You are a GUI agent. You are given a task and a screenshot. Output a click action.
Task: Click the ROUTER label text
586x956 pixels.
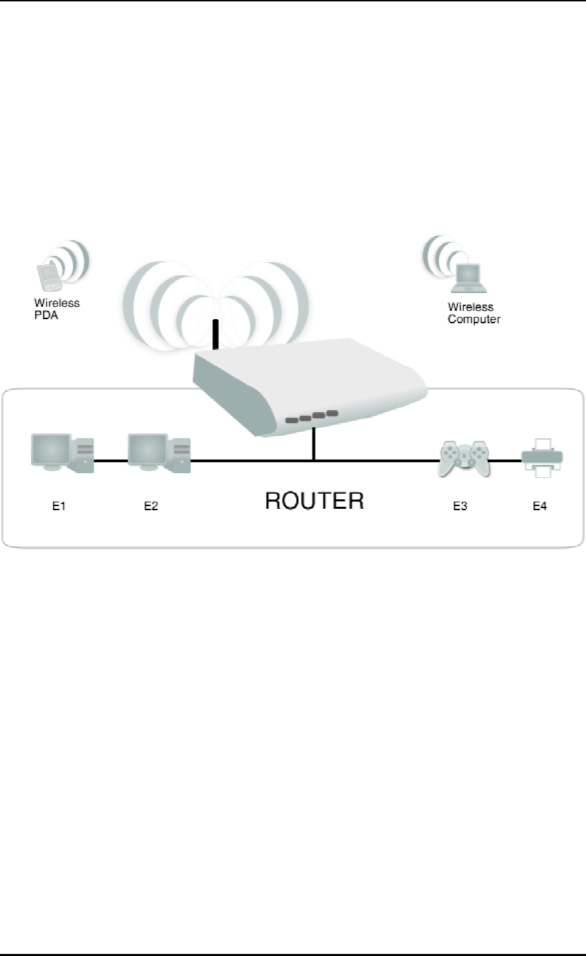point(315,501)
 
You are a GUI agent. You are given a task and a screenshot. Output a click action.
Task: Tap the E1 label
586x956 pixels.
point(60,507)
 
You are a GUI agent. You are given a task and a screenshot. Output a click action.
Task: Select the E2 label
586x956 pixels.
point(151,507)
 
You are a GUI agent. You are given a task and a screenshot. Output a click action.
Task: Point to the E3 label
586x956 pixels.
point(460,507)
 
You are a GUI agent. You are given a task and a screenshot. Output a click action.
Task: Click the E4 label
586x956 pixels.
point(540,507)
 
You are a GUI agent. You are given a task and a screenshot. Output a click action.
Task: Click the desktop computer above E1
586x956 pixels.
point(62,452)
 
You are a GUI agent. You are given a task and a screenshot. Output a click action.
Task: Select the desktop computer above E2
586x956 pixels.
point(158,452)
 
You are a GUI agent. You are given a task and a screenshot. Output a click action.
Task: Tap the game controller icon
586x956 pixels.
point(463,458)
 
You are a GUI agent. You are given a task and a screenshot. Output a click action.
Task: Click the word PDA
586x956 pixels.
point(45,316)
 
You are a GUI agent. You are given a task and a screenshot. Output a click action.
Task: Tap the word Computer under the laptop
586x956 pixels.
point(474,320)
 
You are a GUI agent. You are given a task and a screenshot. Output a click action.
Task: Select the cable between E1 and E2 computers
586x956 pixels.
point(110,461)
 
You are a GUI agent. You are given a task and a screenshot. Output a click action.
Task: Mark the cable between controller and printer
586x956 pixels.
point(505,461)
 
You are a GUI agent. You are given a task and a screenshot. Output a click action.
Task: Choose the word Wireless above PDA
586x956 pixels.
point(57,303)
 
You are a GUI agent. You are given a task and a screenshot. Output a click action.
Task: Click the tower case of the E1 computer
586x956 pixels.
point(85,453)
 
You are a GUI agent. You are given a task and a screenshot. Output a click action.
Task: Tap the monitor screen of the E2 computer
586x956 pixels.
point(147,448)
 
